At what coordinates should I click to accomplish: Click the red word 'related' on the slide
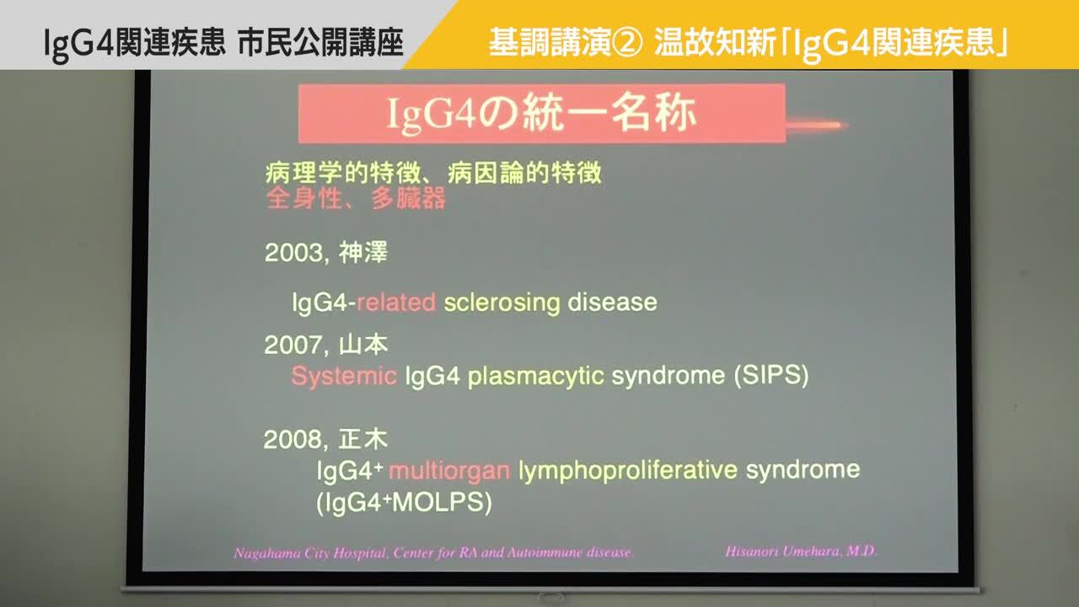396,303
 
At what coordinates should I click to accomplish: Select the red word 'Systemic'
344,376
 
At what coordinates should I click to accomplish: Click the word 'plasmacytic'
535,376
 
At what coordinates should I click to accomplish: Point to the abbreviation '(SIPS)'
771,375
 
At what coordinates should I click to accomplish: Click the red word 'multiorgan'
449,470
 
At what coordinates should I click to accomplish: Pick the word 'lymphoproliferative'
628,470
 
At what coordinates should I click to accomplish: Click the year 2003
293,252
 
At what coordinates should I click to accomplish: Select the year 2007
293,346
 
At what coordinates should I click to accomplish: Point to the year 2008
293,440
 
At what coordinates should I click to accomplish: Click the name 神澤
363,252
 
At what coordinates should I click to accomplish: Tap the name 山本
363,345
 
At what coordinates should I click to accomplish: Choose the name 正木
363,439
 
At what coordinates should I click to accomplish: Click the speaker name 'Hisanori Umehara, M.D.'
801,551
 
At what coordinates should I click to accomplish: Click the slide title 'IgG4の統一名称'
541,114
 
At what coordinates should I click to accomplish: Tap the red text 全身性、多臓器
356,198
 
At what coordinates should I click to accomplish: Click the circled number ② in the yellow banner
627,42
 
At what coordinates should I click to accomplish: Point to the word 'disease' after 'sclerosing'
612,303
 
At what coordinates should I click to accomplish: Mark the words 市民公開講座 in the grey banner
320,42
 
